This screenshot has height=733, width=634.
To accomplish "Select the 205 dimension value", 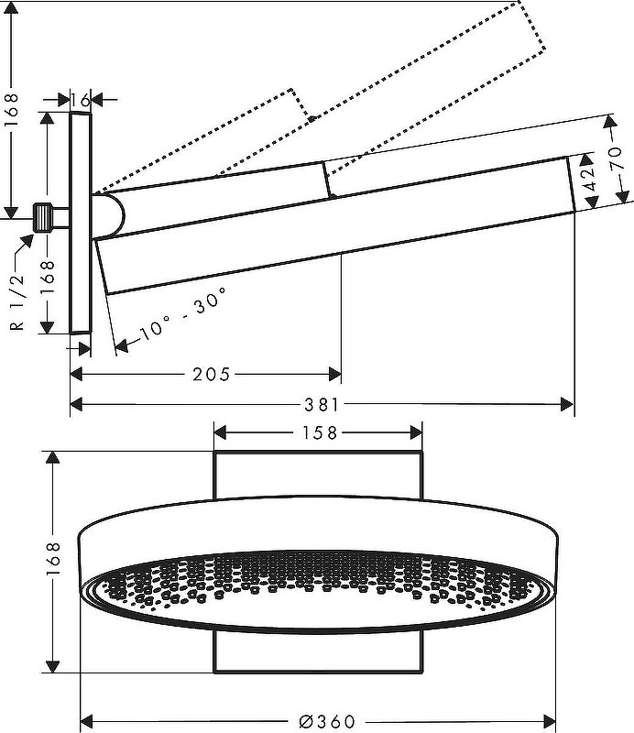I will (211, 374).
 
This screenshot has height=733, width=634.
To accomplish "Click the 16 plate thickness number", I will (81, 100).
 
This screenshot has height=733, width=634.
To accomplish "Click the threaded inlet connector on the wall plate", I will (42, 217).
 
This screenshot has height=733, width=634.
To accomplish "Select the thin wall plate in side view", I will (81, 224).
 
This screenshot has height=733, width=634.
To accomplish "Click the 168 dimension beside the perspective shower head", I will (54, 562).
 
